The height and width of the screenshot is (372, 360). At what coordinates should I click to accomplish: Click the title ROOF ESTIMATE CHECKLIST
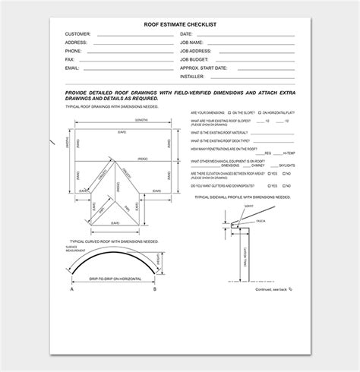click(179, 25)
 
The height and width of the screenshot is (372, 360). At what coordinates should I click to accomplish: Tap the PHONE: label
click(75, 51)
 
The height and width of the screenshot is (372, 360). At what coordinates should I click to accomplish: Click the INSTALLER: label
click(193, 76)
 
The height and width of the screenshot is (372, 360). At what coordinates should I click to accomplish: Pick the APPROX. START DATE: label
click(204, 68)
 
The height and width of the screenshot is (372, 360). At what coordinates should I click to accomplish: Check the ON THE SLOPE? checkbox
click(239, 112)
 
